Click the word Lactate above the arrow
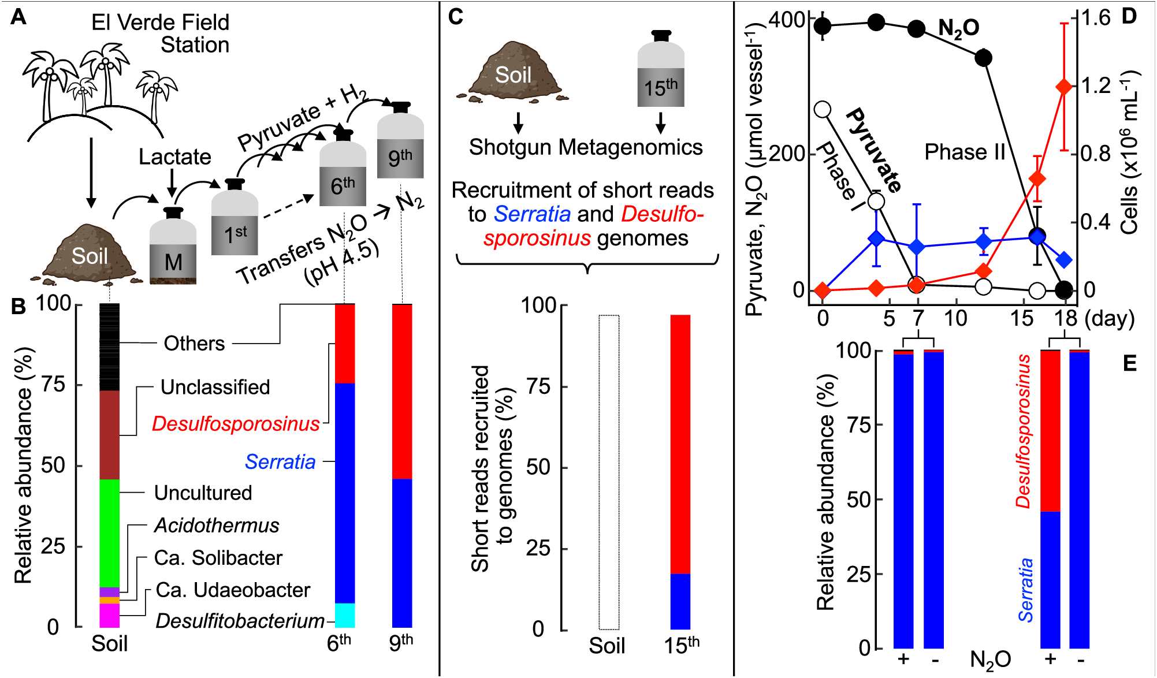coord(175,157)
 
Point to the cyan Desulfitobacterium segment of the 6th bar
coord(345,616)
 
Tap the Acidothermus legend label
coord(217,526)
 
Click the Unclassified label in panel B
coord(215,387)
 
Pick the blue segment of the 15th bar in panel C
coord(680,601)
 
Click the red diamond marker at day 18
coord(1064,87)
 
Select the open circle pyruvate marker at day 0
coord(823,109)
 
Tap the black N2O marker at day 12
coord(983,58)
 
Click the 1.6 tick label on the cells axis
coord(1096,18)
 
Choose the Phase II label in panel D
coord(965,152)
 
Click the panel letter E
coord(1129,363)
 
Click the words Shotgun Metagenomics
coord(585,147)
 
